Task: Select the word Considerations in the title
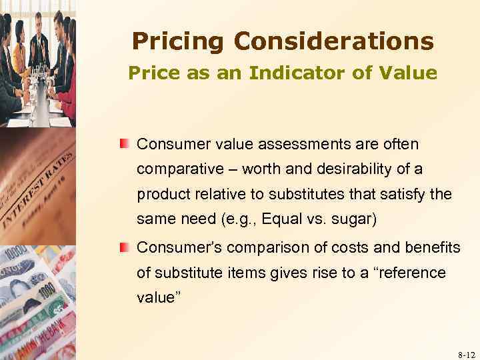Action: [333, 41]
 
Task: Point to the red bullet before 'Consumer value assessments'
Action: [125, 144]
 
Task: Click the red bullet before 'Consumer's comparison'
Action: [125, 247]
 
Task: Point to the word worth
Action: [261, 170]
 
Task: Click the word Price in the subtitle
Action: [151, 73]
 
